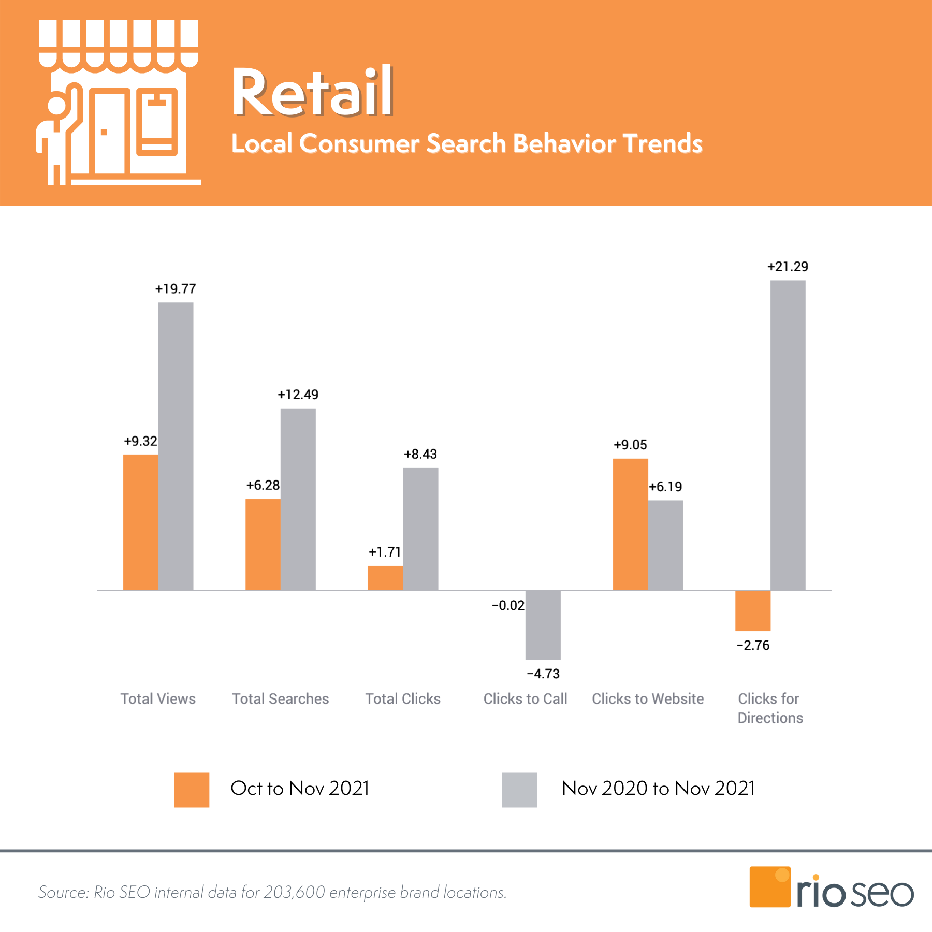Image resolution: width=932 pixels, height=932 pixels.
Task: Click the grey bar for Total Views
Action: coord(176,446)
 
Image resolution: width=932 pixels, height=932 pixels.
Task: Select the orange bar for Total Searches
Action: coord(263,545)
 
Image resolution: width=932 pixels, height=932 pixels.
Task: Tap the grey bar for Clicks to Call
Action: coord(543,625)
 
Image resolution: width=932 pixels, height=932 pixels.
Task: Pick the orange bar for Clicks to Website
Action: coord(630,525)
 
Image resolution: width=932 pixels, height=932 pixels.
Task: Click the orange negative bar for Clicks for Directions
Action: coord(753,611)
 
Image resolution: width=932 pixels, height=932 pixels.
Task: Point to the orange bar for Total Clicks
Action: coord(385,578)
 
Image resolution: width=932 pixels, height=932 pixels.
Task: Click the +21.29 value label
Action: coord(788,267)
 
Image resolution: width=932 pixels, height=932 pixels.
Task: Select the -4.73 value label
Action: coord(543,674)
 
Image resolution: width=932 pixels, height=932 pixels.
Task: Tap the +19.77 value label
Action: coord(176,289)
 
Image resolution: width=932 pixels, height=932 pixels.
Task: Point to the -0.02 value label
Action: coord(508,605)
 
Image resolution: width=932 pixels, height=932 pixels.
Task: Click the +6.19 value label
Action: coord(665,487)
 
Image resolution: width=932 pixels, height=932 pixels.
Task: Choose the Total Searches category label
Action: coord(280,699)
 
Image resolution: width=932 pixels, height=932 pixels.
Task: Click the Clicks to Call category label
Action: coord(525,699)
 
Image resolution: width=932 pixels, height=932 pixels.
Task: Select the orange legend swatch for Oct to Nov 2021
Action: coord(192,790)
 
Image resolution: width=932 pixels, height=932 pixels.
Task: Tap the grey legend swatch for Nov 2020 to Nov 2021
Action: coord(519,790)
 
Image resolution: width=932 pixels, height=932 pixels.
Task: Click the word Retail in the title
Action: coord(312,93)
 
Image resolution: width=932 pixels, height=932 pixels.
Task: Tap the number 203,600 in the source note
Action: coord(294,892)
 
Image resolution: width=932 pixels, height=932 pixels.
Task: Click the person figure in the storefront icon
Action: coord(57,135)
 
